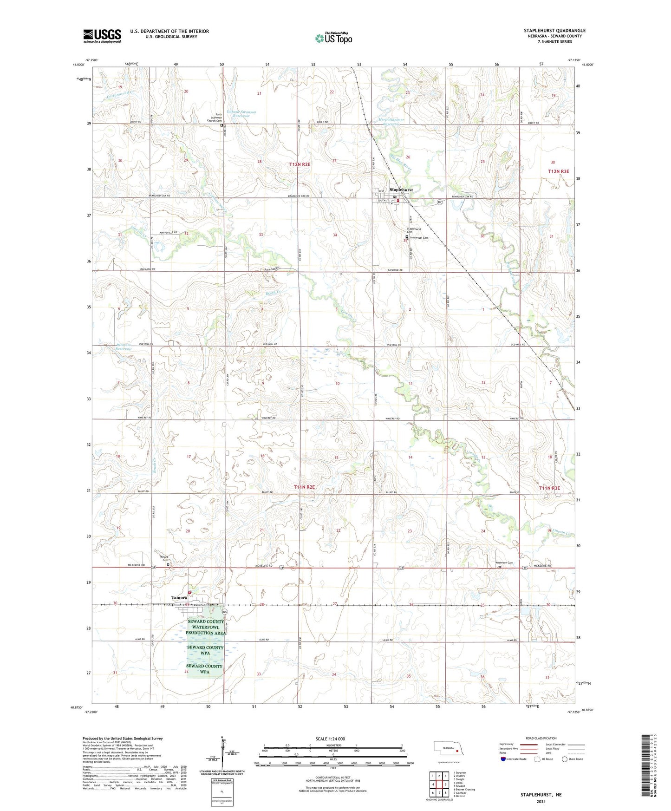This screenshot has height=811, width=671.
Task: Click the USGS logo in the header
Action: (102, 36)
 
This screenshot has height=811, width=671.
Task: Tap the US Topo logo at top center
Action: (333, 38)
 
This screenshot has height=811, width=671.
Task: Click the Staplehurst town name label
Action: (401, 190)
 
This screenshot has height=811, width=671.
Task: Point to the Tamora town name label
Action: (179, 597)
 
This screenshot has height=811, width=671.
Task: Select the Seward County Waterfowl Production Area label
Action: (206, 627)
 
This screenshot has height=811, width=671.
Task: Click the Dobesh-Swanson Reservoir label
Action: (241, 114)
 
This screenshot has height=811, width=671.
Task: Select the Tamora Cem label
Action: (164, 558)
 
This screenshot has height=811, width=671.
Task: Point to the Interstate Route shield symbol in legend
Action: (503, 759)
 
